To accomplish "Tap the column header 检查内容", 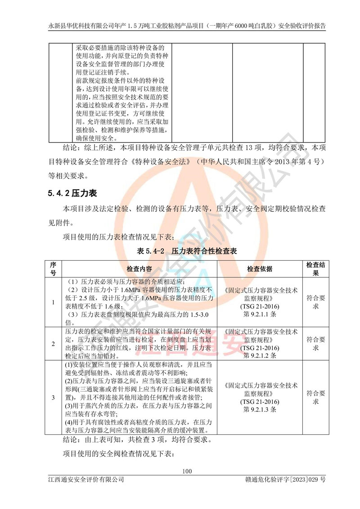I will point(139,269).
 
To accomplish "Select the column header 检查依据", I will point(259,269).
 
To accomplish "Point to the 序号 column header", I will point(53,269).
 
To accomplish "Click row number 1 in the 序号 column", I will point(53,302).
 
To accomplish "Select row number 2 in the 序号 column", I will point(53,344).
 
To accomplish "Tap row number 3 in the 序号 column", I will point(53,397).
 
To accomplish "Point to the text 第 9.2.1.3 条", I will point(259,410).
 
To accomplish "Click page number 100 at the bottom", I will point(187,471).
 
